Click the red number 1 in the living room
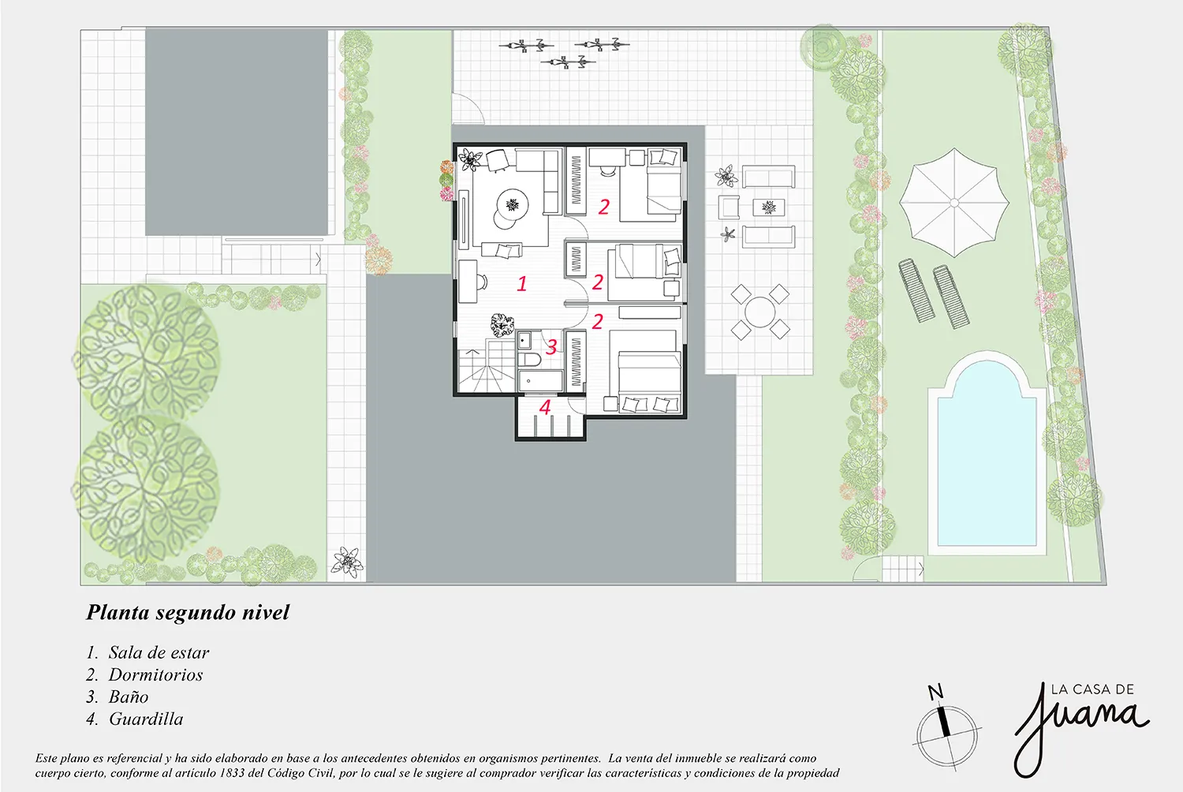coord(522,284)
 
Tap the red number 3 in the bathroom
coord(551,346)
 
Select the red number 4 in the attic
coord(545,407)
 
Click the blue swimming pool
coord(987,455)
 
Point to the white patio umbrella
coord(953,203)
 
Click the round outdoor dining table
coord(759,312)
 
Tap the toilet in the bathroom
coord(528,360)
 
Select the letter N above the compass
coord(935,692)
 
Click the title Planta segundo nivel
coord(188,612)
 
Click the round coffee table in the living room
coord(513,204)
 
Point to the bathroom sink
coord(524,340)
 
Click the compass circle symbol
coord(947,735)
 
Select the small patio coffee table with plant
coord(768,207)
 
